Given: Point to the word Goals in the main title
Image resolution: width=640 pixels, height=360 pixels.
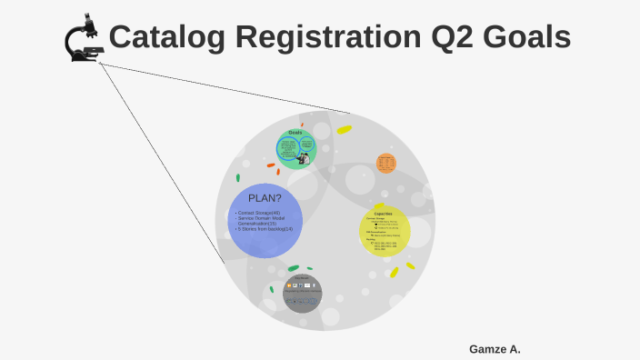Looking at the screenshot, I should pyautogui.click(x=526, y=37).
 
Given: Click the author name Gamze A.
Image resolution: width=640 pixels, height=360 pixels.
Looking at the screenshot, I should pyautogui.click(x=495, y=349).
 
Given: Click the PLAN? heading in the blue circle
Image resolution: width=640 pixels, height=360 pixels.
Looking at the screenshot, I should pyautogui.click(x=265, y=198).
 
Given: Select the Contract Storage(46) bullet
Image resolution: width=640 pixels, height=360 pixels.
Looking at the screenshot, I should pyautogui.click(x=259, y=213).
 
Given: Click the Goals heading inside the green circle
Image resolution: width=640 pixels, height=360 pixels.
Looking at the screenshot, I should pyautogui.click(x=295, y=133).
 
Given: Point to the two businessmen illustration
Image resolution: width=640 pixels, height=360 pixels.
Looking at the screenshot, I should pyautogui.click(x=304, y=158).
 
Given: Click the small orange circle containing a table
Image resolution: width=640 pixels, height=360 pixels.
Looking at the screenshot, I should pyautogui.click(x=386, y=164).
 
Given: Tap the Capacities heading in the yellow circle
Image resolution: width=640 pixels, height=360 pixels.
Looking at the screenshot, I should pyautogui.click(x=383, y=214).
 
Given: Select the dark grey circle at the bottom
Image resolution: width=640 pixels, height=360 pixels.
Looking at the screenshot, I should pyautogui.click(x=302, y=293).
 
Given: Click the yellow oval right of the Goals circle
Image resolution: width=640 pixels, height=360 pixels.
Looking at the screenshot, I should pyautogui.click(x=344, y=130).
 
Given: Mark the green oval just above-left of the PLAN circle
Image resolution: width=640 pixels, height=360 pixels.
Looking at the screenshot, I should pyautogui.click(x=238, y=178).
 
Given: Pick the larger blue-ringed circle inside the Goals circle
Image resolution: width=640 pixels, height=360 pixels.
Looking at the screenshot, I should pyautogui.click(x=288, y=147).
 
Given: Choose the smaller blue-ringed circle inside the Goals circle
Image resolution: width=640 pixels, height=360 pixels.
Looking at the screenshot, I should pyautogui.click(x=306, y=143).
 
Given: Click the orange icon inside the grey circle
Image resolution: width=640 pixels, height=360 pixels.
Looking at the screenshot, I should pyautogui.click(x=289, y=285).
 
